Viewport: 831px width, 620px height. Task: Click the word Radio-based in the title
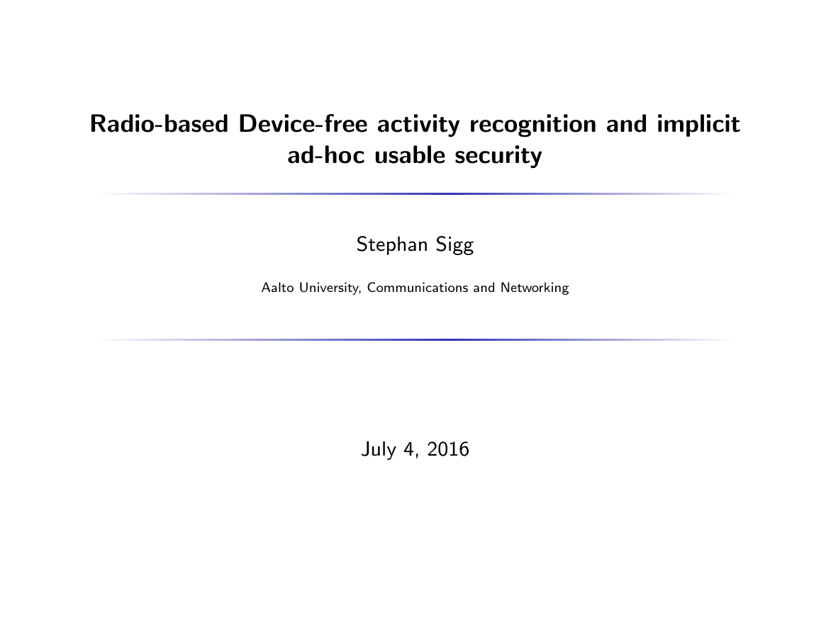click(159, 124)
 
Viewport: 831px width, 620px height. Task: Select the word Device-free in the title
click(303, 124)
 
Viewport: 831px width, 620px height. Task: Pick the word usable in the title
click(410, 155)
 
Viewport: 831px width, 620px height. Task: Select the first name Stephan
click(392, 245)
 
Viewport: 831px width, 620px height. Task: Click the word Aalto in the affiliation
click(278, 288)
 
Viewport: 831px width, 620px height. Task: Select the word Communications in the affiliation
click(418, 288)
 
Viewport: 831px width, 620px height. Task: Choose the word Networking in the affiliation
click(535, 288)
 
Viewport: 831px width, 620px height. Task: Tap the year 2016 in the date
click(448, 449)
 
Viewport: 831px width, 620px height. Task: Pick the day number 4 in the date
click(409, 450)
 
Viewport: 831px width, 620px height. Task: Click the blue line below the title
click(415, 193)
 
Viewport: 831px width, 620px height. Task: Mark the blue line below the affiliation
click(415, 339)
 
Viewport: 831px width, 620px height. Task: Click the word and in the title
click(626, 124)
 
